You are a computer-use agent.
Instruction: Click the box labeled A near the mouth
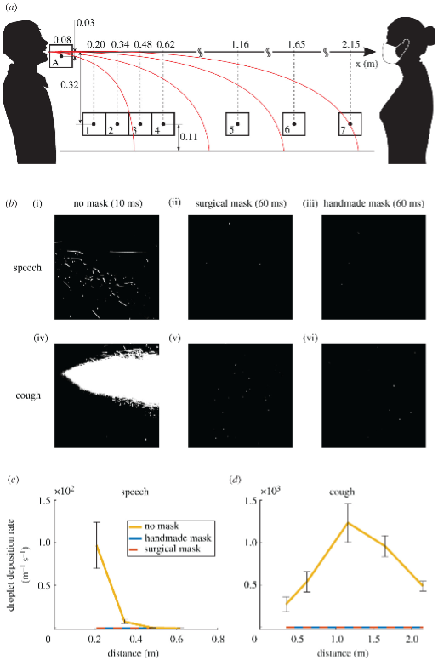point(61,56)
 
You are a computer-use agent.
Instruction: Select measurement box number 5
point(237,124)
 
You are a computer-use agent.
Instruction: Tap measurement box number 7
point(350,124)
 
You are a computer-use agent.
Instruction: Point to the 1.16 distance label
point(240,44)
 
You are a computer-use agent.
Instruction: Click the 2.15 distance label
point(351,44)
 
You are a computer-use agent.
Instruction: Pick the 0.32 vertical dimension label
point(70,84)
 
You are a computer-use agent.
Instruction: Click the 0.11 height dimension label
point(189,137)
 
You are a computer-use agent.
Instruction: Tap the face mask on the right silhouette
point(395,51)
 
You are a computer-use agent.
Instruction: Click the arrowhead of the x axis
point(369,52)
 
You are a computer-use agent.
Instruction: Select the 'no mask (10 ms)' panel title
point(108,204)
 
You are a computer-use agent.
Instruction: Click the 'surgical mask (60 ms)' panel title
point(241,204)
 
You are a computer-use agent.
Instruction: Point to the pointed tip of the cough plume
point(62,373)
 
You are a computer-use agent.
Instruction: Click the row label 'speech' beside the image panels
point(27,268)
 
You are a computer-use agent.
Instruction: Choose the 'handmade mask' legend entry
point(178,538)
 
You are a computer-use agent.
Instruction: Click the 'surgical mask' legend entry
point(172,549)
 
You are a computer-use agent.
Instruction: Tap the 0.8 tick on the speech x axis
point(218,639)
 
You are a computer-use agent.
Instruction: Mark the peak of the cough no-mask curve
point(348,522)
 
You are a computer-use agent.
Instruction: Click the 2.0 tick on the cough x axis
point(412,639)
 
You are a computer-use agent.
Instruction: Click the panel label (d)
point(235,480)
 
